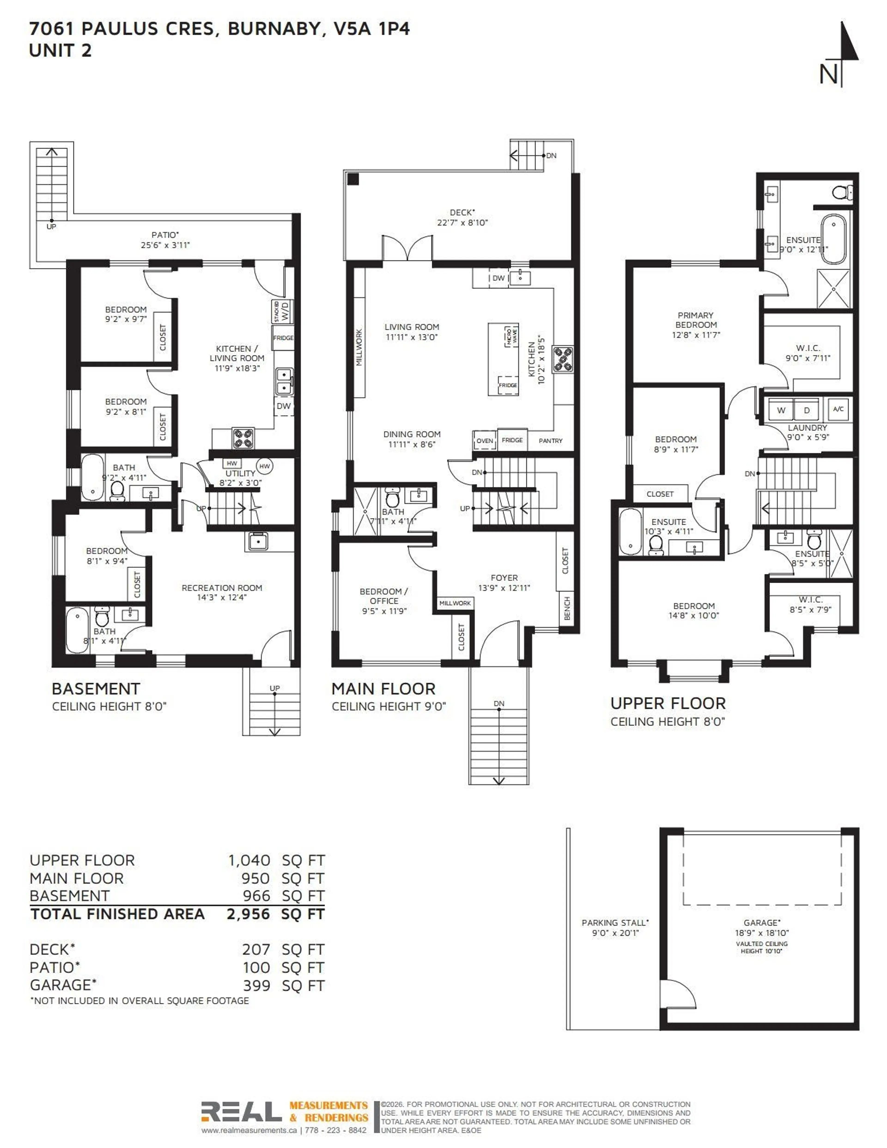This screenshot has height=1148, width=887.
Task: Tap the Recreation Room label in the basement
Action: pyautogui.click(x=222, y=588)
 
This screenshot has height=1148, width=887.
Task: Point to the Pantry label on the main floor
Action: pyautogui.click(x=550, y=441)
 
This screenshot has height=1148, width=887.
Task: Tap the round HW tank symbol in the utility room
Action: pyautogui.click(x=264, y=466)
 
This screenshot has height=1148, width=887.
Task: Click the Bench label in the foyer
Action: pyautogui.click(x=566, y=608)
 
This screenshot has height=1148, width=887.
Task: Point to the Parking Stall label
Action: pyautogui.click(x=615, y=923)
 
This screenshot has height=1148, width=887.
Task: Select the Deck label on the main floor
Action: pyautogui.click(x=462, y=212)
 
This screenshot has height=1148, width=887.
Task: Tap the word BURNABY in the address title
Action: pyautogui.click(x=273, y=29)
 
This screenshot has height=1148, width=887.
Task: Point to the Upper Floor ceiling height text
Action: pyautogui.click(x=667, y=722)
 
